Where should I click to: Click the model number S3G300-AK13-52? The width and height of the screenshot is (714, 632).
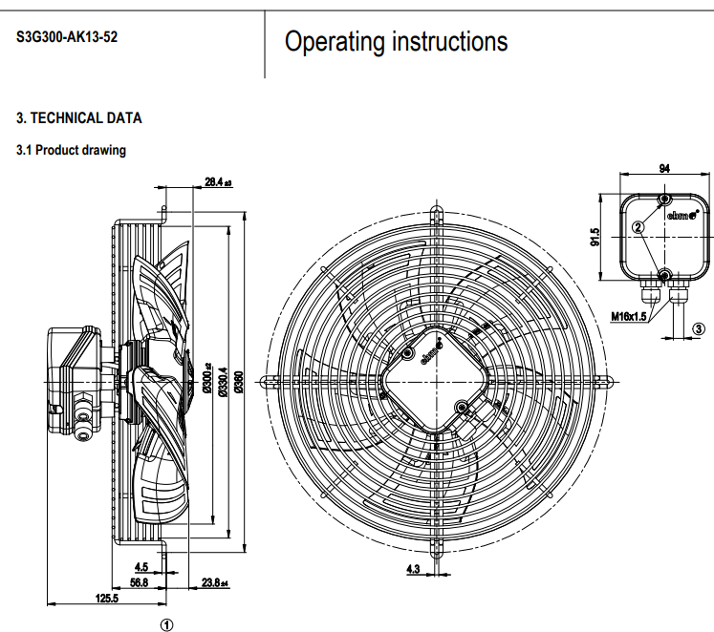click(x=68, y=39)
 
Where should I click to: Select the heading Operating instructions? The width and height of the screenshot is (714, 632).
click(x=397, y=42)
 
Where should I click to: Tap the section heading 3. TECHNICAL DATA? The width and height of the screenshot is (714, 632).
click(x=79, y=118)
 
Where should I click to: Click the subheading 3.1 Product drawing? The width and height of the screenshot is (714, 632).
click(x=72, y=150)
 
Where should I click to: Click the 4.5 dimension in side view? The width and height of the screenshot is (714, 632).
click(x=141, y=567)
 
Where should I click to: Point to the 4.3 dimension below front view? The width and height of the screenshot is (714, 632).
click(x=414, y=569)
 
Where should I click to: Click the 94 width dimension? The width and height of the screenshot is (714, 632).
click(x=664, y=169)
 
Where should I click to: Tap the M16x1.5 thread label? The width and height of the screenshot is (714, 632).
click(x=629, y=315)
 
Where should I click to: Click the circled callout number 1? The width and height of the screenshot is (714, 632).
click(x=166, y=621)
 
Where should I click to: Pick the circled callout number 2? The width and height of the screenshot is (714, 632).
click(x=637, y=227)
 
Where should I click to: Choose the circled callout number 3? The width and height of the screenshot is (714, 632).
click(x=699, y=328)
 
